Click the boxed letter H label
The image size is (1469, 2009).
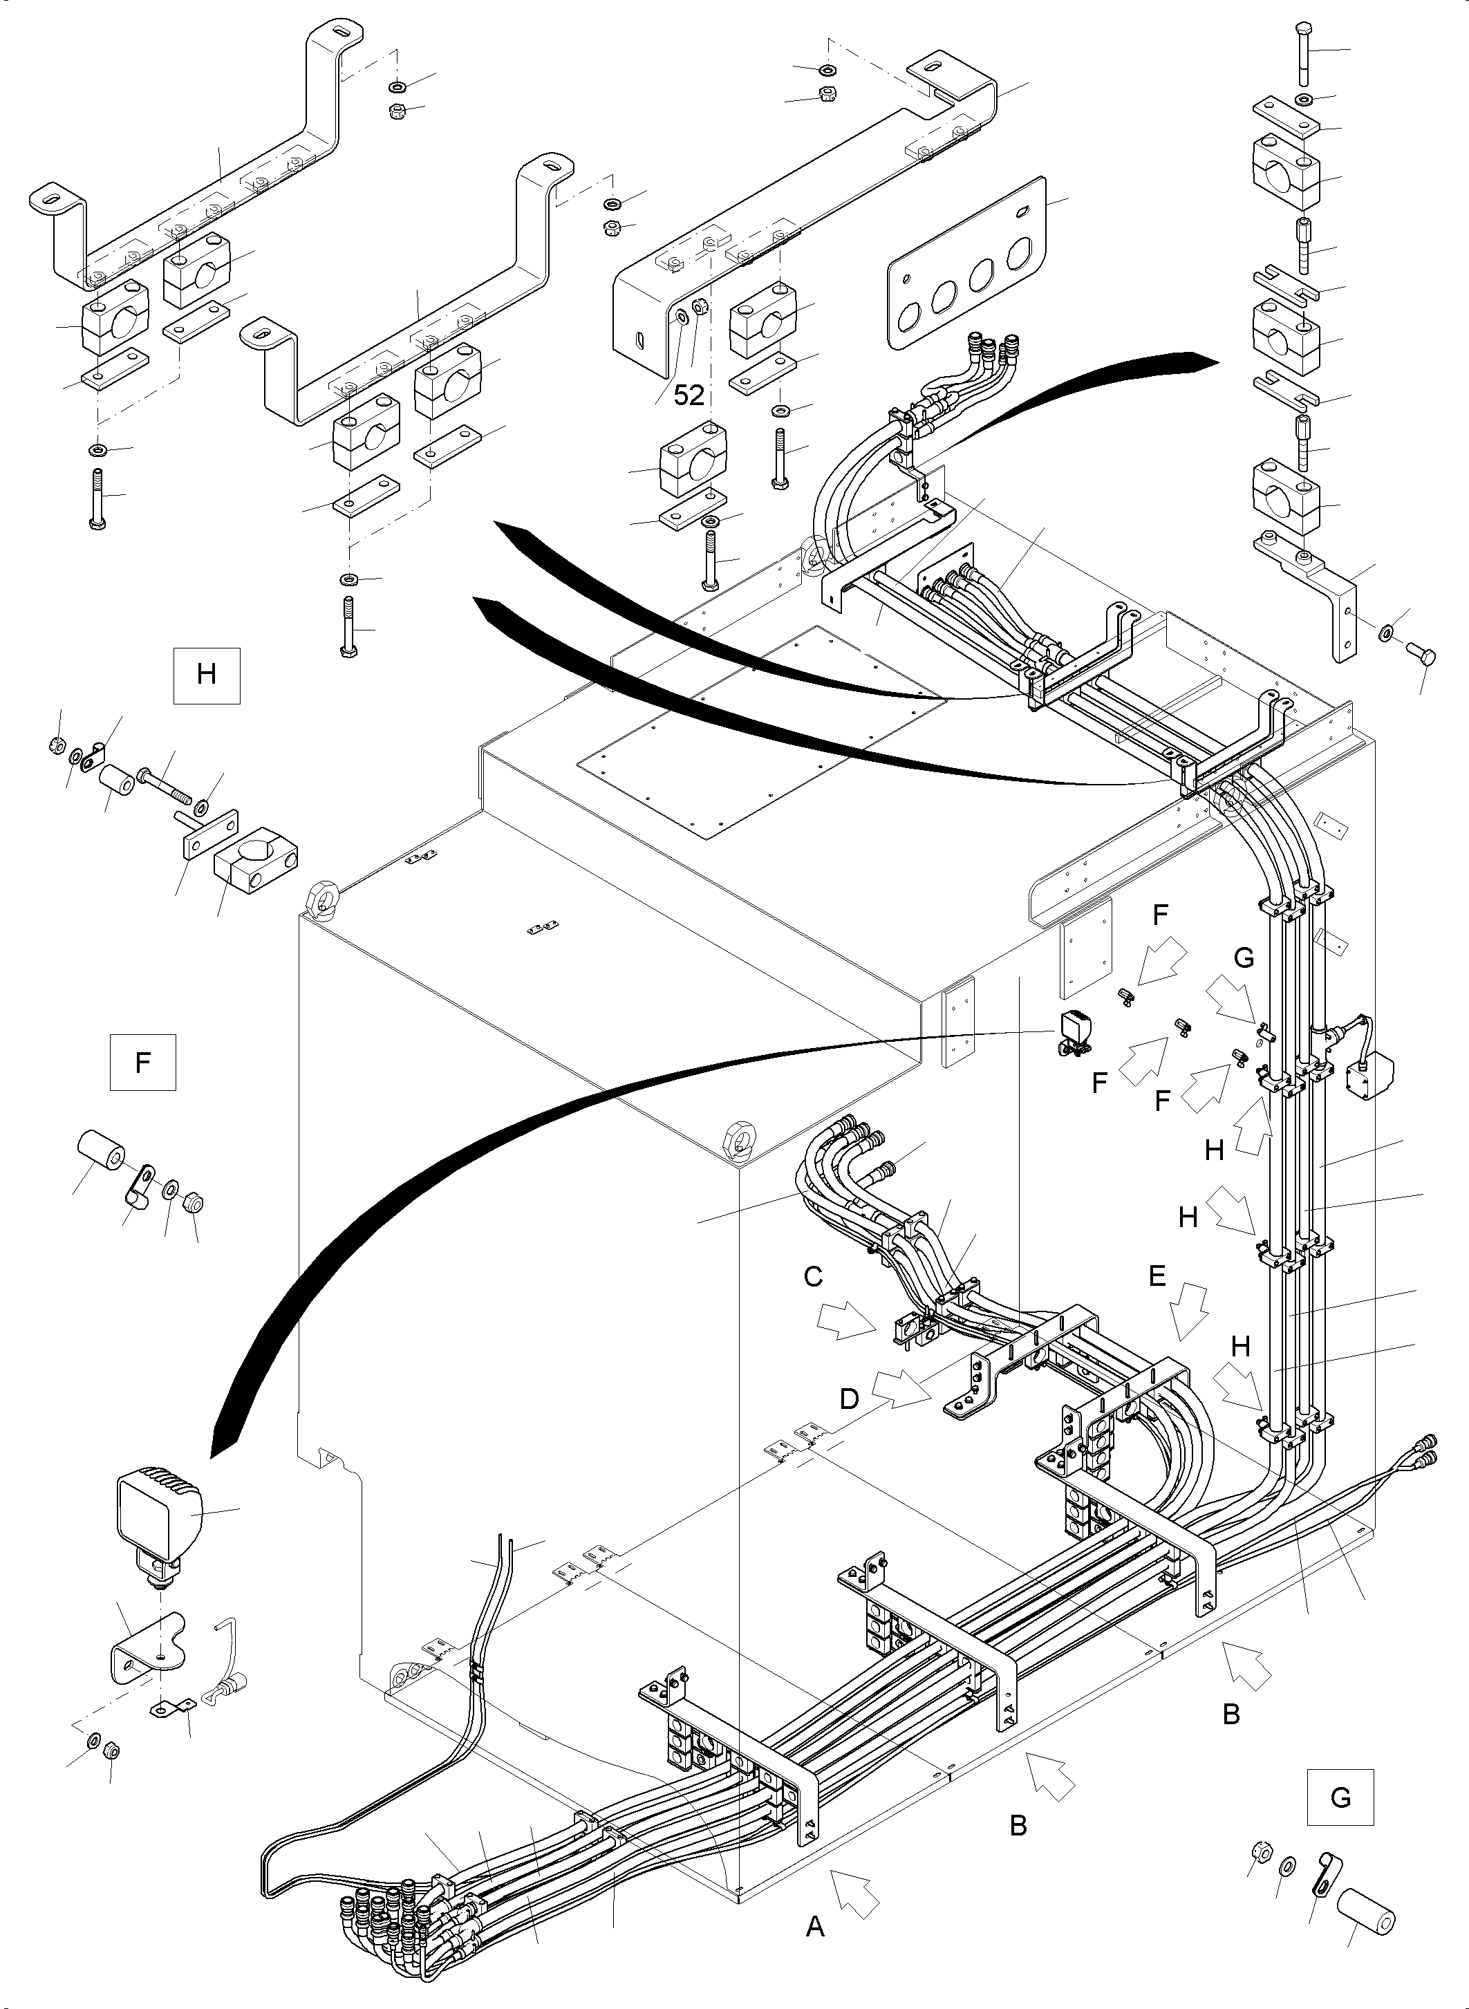click(206, 674)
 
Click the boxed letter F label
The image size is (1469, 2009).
click(142, 1062)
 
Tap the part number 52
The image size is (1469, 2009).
click(689, 395)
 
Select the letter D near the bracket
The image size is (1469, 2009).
click(849, 1400)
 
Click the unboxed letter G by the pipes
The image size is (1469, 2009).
click(1244, 957)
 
